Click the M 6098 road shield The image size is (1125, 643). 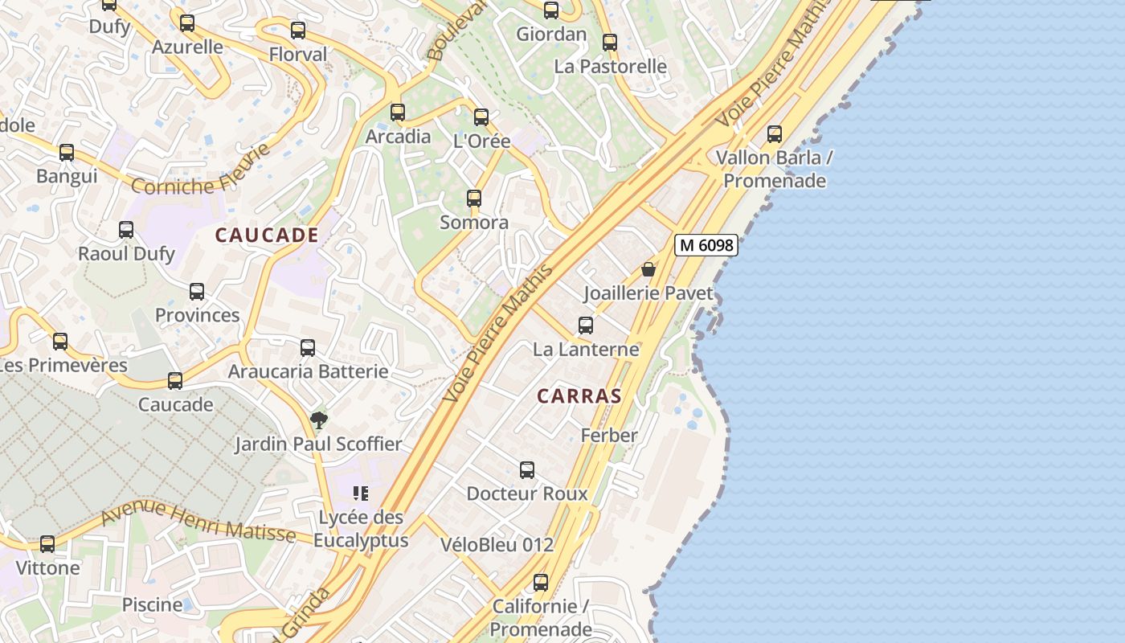(706, 245)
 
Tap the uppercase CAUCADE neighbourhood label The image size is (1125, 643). (267, 235)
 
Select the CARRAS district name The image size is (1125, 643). (579, 395)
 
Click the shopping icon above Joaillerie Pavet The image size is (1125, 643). (648, 269)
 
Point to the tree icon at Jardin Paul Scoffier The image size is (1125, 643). (319, 420)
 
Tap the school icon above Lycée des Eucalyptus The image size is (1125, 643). (361, 493)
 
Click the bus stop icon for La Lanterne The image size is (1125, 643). (586, 326)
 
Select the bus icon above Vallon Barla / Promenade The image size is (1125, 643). (775, 133)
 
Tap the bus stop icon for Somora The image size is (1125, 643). (474, 199)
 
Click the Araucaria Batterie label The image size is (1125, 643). (308, 371)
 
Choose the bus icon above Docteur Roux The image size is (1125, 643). (527, 470)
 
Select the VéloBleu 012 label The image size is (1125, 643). (497, 544)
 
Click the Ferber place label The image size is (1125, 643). (609, 435)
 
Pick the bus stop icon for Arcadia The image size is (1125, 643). (398, 113)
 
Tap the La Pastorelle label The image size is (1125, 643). (610, 66)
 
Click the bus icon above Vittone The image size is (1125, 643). (47, 544)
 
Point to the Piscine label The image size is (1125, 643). (152, 604)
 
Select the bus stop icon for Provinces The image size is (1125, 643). (197, 292)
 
